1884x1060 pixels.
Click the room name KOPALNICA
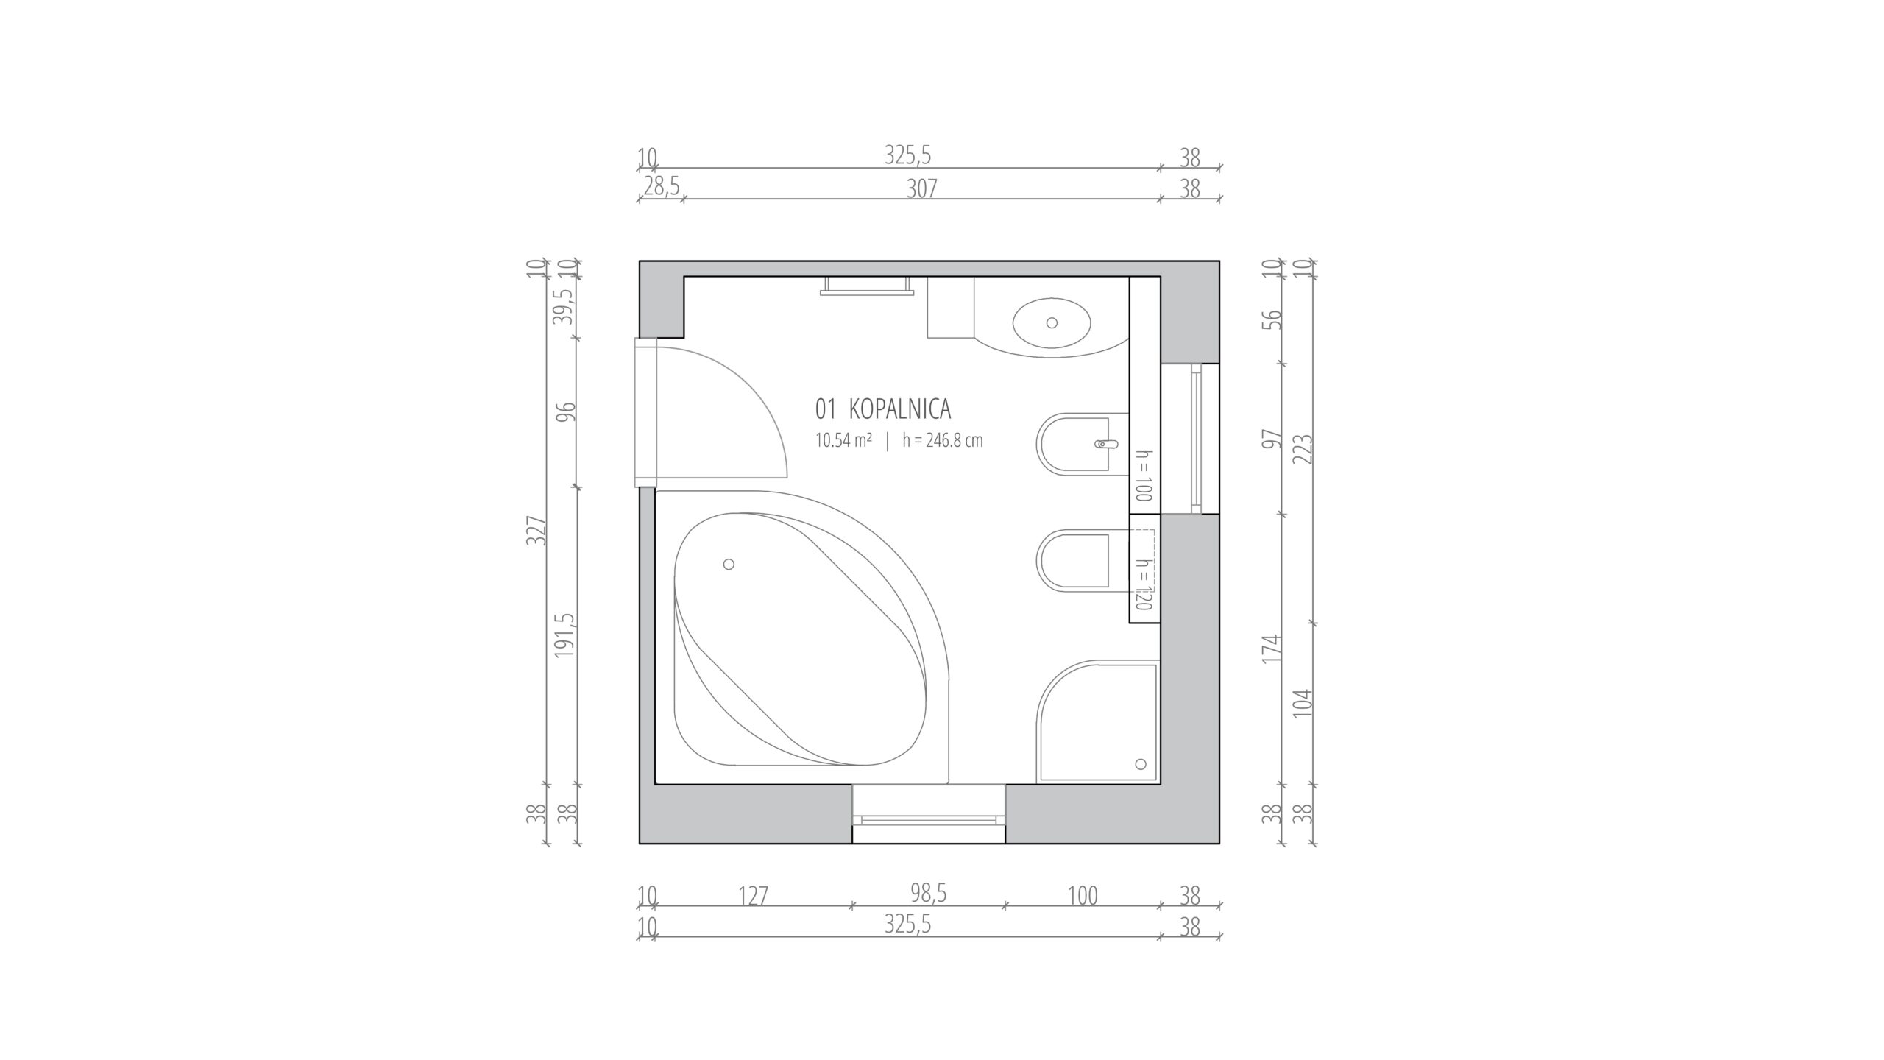[x=900, y=409]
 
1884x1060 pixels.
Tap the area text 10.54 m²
[x=843, y=440]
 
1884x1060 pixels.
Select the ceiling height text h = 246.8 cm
[x=943, y=440]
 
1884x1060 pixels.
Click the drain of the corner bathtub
[x=729, y=564]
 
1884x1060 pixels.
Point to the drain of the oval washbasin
[x=1052, y=322]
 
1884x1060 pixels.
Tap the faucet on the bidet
[x=1106, y=444]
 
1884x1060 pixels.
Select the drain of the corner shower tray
[x=1141, y=763]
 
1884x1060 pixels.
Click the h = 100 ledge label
[x=1143, y=476]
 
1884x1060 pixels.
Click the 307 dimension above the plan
[x=921, y=189]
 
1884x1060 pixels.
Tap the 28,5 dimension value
[x=661, y=187]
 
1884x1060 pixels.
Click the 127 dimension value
[x=753, y=897]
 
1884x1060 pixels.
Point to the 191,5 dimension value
[x=564, y=635]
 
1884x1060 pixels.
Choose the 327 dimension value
[x=536, y=530]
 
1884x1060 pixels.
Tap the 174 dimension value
[x=1272, y=649]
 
